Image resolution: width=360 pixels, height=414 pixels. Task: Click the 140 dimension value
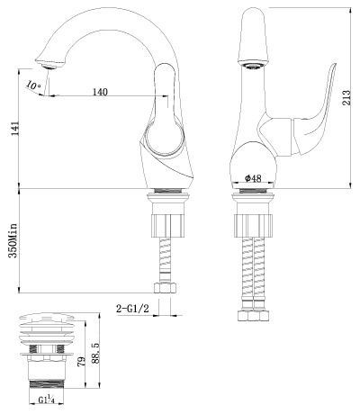point(100,92)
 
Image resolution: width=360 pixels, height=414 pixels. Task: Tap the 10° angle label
point(33,85)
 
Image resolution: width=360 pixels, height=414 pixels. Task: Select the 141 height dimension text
point(15,128)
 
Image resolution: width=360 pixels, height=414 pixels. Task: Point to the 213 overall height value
point(346,97)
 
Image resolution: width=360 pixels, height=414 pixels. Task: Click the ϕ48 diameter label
point(253,178)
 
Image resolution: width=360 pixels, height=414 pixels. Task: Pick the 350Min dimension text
point(13,240)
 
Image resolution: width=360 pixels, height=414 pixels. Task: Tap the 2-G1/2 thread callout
point(132,308)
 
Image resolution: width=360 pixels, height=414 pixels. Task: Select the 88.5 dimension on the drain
point(95,354)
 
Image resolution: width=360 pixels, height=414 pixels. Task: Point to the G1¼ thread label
point(46,400)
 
